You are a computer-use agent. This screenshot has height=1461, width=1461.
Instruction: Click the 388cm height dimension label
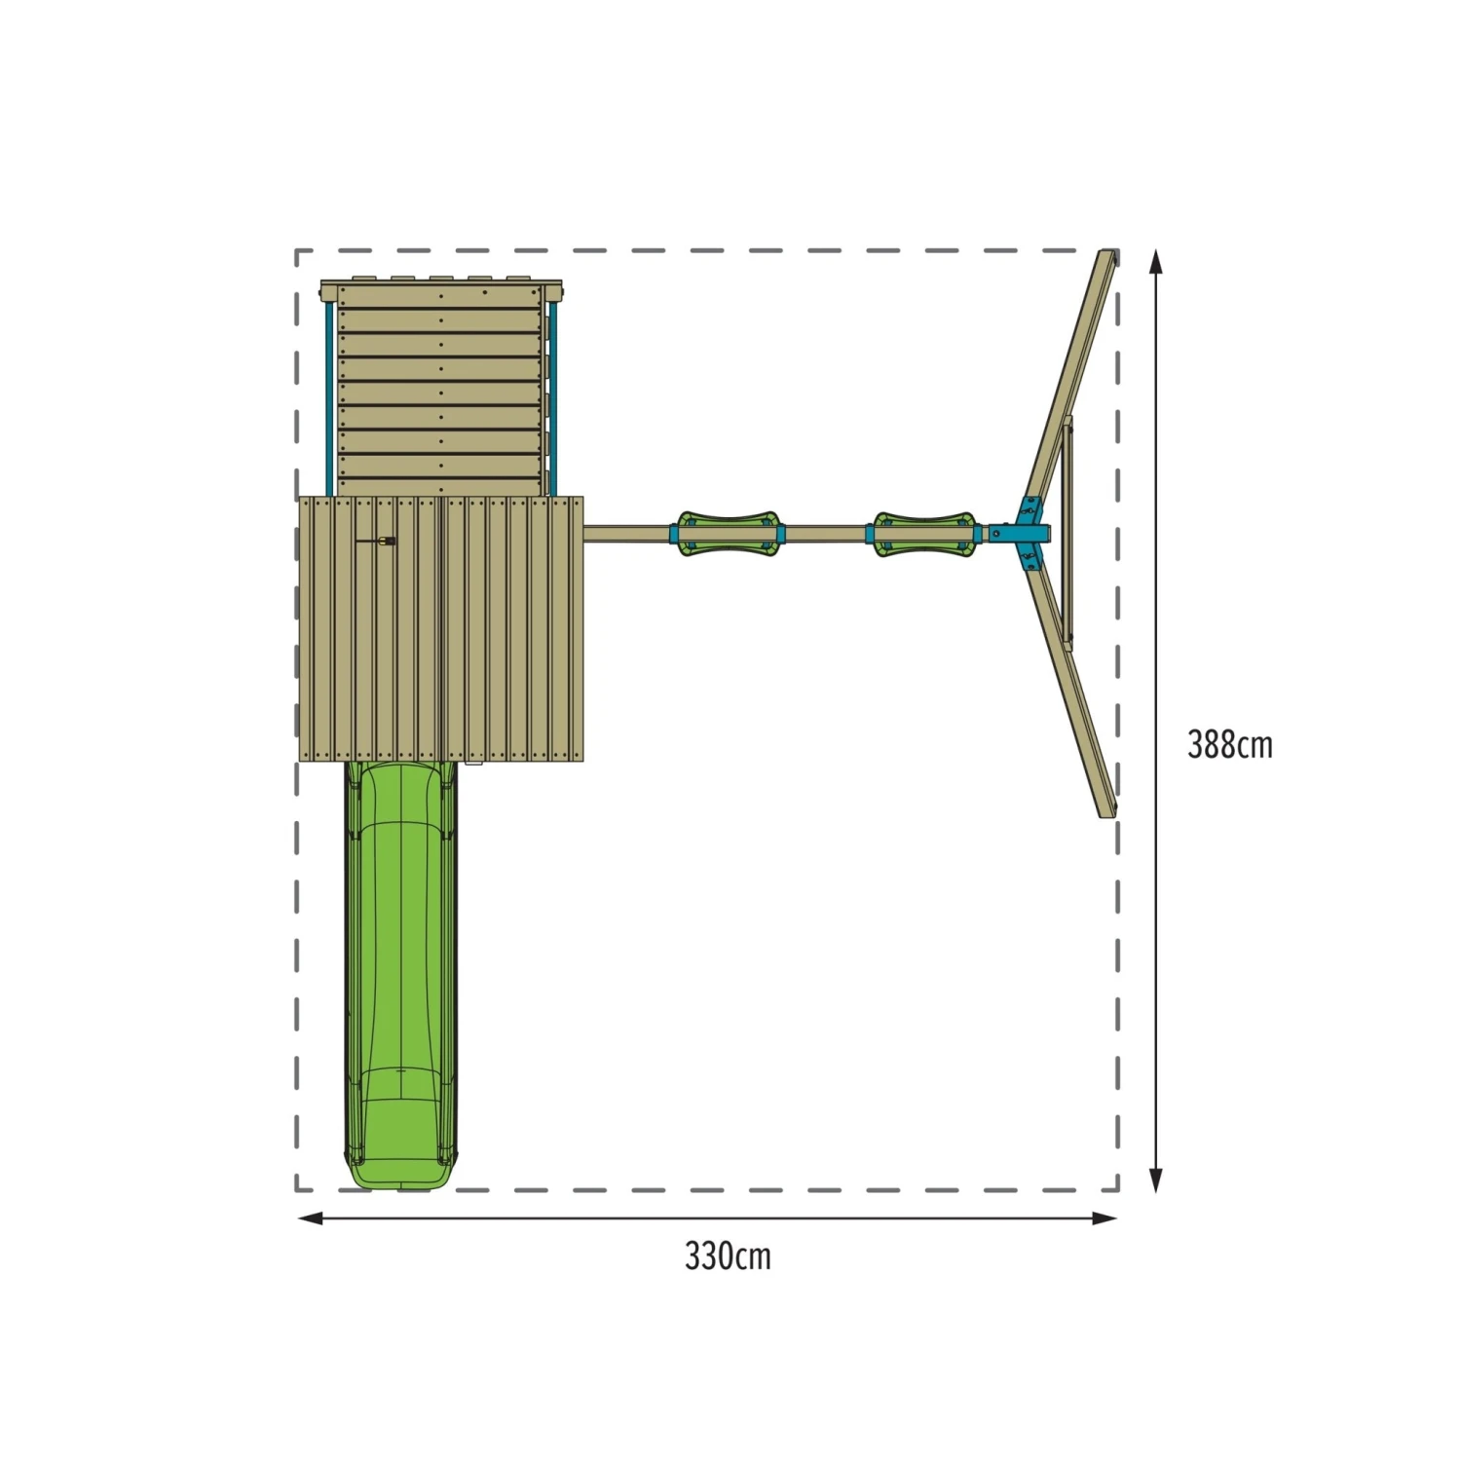pyautogui.click(x=1229, y=745)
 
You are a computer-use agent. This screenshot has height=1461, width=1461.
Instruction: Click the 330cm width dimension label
pyautogui.click(x=728, y=1256)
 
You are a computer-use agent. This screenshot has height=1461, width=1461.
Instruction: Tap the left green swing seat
pyautogui.click(x=728, y=534)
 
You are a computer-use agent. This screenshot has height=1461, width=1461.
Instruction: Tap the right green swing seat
pyautogui.click(x=923, y=534)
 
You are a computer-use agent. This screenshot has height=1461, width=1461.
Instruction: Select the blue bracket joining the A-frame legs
pyautogui.click(x=1029, y=534)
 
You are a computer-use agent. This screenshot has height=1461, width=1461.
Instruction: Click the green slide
pyautogui.click(x=400, y=974)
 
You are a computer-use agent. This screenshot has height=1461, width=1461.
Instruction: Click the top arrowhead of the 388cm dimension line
pyautogui.click(x=1156, y=260)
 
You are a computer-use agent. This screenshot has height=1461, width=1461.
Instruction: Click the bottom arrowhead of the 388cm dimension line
pyautogui.click(x=1156, y=1180)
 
